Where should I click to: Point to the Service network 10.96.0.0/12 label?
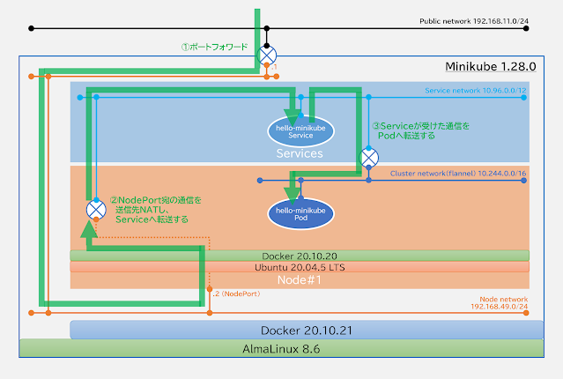[x=476, y=91]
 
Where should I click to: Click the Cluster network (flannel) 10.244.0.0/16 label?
[x=458, y=174]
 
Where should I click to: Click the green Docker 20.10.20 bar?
[x=300, y=255]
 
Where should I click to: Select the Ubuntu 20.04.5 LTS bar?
[x=300, y=266]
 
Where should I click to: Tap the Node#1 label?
[x=300, y=279]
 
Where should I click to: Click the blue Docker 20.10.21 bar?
[x=300, y=330]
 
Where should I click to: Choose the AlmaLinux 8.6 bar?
[x=281, y=349]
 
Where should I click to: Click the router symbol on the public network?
[x=267, y=56]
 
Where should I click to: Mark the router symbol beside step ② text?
[x=96, y=210]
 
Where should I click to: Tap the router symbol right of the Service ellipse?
[x=368, y=158]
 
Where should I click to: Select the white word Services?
[x=299, y=152]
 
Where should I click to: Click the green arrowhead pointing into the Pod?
[x=292, y=193]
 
